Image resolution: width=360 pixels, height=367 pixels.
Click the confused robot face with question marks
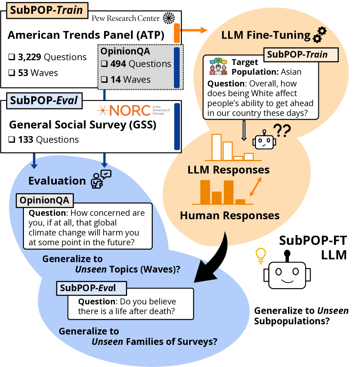tap(265, 140)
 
